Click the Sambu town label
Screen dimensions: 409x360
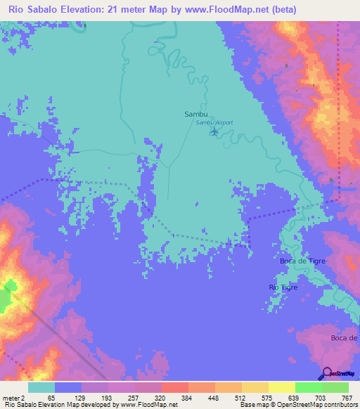coord(195,113)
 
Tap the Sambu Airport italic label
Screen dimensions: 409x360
coord(214,122)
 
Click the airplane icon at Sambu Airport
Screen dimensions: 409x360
coord(214,131)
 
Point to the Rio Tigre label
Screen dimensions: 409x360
coord(283,288)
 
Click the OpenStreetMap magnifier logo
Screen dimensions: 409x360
coord(327,372)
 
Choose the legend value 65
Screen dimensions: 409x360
coord(51,398)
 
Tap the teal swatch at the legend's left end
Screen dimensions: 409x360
coord(41,387)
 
